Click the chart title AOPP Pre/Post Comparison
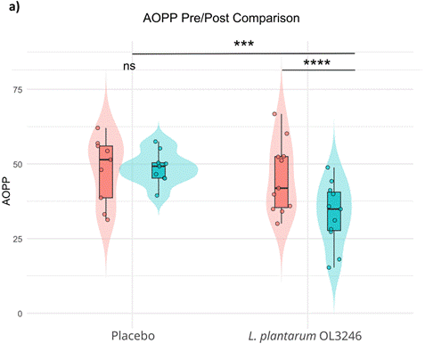pyautogui.click(x=211, y=18)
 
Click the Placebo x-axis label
pyautogui.click(x=133, y=336)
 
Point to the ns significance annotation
pyautogui.click(x=130, y=67)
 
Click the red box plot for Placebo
pyautogui.click(x=106, y=172)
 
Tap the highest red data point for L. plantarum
pyautogui.click(x=275, y=113)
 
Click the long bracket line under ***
pyautogui.click(x=243, y=53)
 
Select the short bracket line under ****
pyautogui.click(x=318, y=70)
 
